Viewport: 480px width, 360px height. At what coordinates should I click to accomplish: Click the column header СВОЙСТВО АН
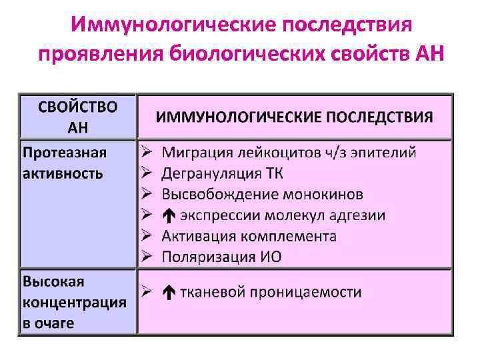[x=77, y=117]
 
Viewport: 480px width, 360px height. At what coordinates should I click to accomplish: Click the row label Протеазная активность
[x=64, y=163]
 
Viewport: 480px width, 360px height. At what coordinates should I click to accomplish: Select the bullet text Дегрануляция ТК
[x=223, y=174]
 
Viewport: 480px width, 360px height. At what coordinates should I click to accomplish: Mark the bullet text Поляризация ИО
[x=221, y=257]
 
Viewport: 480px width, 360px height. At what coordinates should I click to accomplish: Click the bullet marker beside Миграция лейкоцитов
[x=148, y=153]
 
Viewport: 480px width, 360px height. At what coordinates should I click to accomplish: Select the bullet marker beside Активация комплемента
[x=148, y=237]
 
